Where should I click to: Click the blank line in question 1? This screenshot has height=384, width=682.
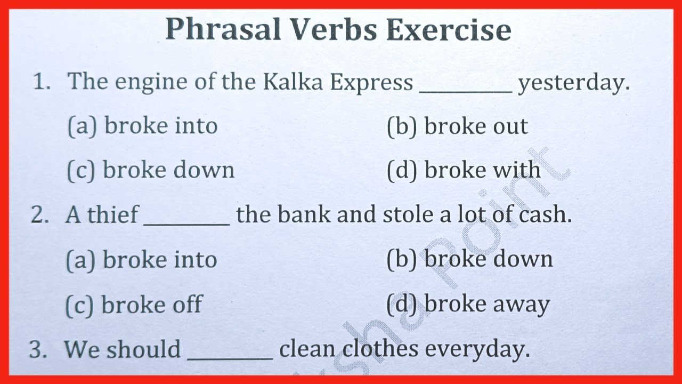point(466,91)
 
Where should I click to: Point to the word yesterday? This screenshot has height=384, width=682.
point(573,83)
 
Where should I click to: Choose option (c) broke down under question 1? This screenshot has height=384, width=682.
point(151,170)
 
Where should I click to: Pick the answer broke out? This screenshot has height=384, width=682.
point(457,126)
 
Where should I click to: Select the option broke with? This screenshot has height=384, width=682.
point(464,170)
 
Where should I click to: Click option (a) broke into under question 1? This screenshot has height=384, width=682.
point(142,126)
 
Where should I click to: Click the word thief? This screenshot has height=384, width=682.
point(112,214)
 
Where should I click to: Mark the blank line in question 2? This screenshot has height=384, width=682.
point(187,223)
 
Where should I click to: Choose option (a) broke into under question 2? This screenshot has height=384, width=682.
point(141,260)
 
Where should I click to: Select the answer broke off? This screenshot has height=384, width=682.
point(134,305)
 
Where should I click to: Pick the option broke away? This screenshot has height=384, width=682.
point(468,305)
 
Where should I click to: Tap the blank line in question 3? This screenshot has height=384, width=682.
point(230,358)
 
